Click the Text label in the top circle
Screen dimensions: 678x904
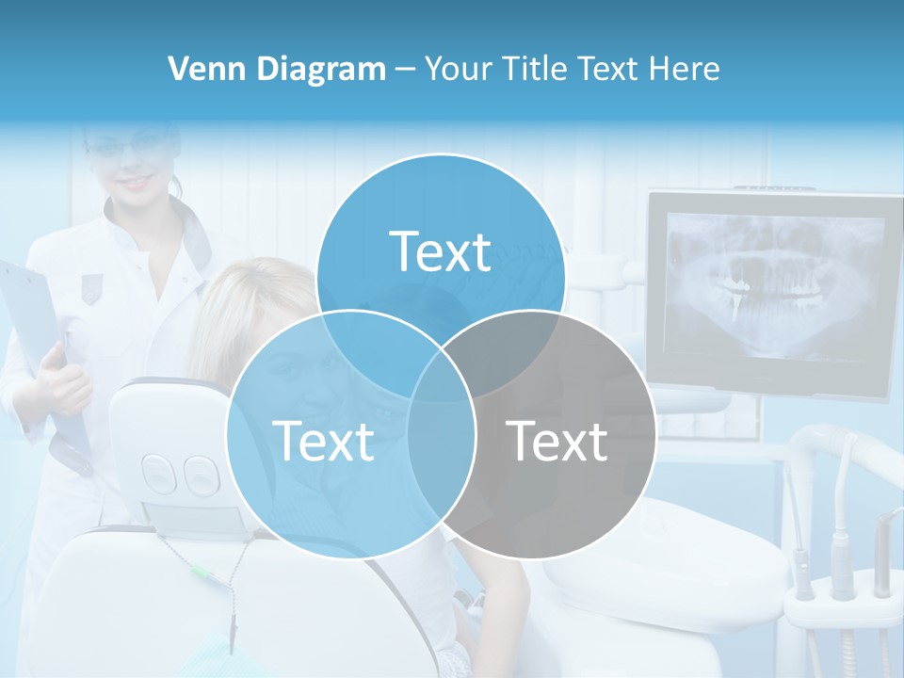click(x=441, y=251)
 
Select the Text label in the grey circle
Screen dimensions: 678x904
click(x=557, y=441)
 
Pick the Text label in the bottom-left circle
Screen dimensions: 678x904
click(x=323, y=441)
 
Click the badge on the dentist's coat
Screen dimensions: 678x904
click(x=90, y=288)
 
